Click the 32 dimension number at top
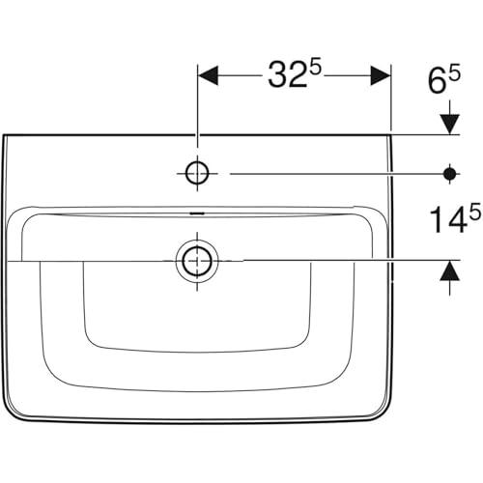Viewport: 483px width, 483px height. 287,75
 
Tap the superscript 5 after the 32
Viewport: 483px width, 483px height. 316,70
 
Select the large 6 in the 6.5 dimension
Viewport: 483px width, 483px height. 437,82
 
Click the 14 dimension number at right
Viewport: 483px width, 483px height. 449,219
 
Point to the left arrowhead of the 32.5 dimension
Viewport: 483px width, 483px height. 209,76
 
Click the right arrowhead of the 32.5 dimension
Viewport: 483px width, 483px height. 381,76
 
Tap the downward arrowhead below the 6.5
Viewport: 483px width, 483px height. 450,125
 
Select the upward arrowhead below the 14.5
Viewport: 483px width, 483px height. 450,270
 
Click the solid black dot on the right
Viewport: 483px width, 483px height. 450,174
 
